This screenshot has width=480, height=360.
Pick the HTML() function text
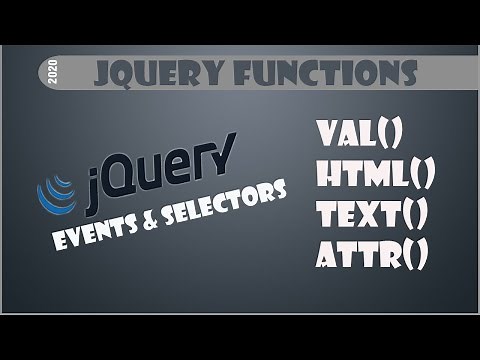tap(375, 177)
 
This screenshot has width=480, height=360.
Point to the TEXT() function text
tap(371, 216)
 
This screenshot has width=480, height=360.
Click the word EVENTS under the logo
tap(101, 228)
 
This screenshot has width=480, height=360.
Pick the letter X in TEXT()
tap(376, 216)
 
